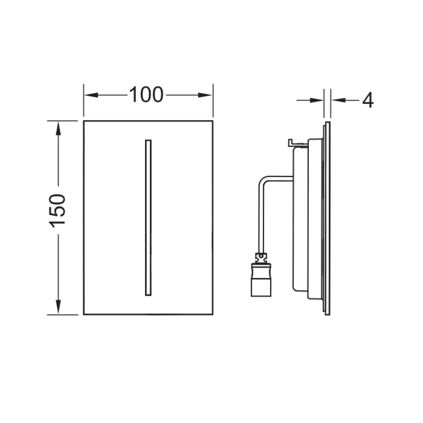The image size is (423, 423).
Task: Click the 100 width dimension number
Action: (146, 95)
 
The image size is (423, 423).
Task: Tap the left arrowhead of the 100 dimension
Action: (91, 95)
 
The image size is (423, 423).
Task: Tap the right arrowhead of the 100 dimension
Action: (205, 95)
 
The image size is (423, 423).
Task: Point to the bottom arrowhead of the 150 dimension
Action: (58, 307)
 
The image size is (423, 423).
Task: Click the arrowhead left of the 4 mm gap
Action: (317, 100)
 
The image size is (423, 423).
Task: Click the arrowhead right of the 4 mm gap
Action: (338, 100)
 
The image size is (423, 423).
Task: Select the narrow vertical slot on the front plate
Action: (148, 218)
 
